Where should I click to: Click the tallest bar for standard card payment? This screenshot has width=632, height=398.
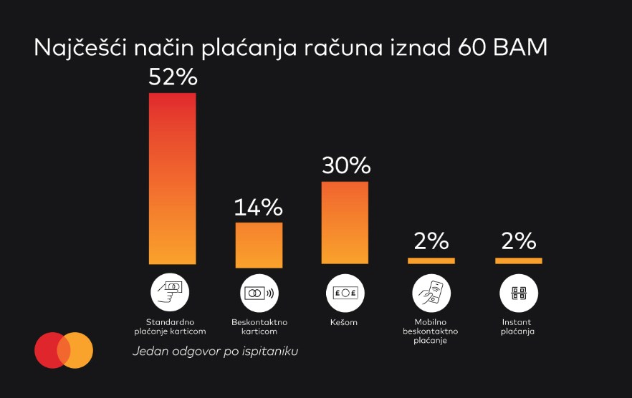[172, 178]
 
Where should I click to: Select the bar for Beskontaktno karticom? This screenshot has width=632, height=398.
[259, 244]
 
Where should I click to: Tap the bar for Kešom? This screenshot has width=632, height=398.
[345, 223]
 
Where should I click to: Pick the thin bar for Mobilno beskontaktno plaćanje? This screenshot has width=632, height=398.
[431, 261]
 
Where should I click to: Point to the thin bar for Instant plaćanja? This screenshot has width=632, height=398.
[518, 261]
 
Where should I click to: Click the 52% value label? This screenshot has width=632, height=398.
[173, 77]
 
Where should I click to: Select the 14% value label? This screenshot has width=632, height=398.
[259, 208]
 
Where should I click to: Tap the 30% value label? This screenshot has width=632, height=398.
[345, 166]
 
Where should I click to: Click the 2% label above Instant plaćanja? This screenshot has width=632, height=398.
[519, 241]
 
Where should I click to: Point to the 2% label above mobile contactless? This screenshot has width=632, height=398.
[431, 241]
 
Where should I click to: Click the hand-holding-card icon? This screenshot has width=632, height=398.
[170, 293]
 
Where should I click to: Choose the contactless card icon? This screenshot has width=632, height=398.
[259, 293]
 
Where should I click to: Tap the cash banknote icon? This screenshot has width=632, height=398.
[345, 293]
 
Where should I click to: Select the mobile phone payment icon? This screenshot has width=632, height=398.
[431, 293]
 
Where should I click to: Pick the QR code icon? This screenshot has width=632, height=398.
[518, 293]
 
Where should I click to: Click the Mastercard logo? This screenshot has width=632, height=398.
[64, 350]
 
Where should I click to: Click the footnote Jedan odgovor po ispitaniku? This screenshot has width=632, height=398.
[215, 351]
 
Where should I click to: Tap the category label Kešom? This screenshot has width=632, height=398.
[345, 322]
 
